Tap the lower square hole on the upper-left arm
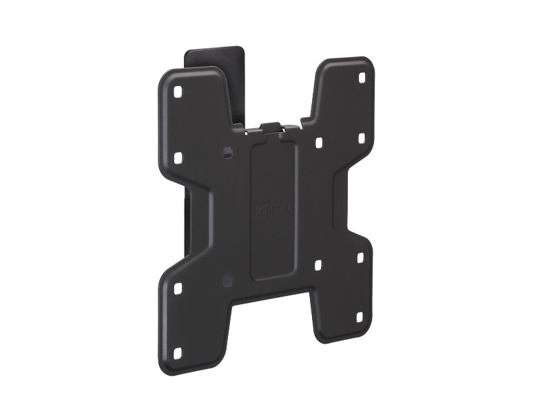click(178, 158)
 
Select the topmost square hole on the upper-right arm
click(361, 78)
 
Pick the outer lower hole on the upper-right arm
click(360, 139)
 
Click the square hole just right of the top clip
click(319, 143)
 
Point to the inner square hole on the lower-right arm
click(318, 264)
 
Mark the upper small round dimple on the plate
click(227, 149)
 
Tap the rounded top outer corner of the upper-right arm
click(368, 64)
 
